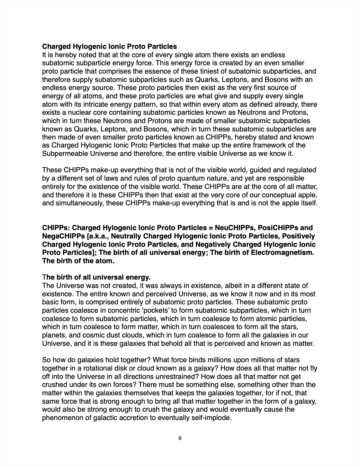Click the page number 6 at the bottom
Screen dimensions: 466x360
pyautogui.click(x=180, y=438)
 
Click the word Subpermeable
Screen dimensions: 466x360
pyautogui.click(x=62, y=154)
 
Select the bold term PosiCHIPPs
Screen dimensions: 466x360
pyautogui.click(x=277, y=228)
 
